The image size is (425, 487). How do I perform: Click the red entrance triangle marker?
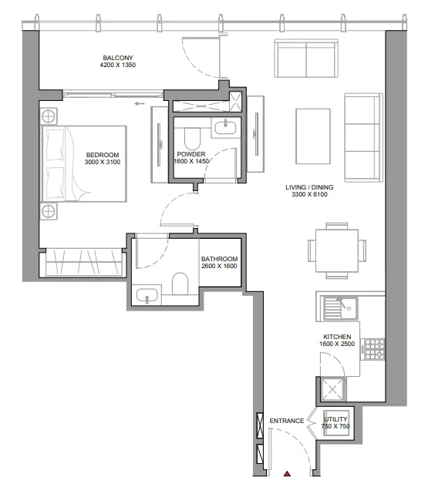[287, 474]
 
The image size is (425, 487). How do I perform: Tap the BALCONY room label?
[118, 58]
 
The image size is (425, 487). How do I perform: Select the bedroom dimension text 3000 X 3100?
[103, 162]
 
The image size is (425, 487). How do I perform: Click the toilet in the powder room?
[193, 139]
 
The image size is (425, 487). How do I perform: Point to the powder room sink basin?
[226, 128]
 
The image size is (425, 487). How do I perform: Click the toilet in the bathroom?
[180, 284]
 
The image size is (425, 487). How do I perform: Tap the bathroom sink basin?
[147, 295]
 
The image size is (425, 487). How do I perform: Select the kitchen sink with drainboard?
[340, 308]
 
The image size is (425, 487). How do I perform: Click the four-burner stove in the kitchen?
[374, 349]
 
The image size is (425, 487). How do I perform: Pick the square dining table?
[337, 250]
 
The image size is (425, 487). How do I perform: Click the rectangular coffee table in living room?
[312, 136]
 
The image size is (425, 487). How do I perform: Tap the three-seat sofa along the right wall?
[363, 137]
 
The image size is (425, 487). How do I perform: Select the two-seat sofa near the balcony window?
[306, 59]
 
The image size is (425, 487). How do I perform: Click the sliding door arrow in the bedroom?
[140, 104]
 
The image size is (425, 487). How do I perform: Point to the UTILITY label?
[336, 419]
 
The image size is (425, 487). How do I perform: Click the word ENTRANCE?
[287, 421]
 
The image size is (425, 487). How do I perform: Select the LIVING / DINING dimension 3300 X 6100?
[309, 194]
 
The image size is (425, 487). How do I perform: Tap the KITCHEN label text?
[337, 337]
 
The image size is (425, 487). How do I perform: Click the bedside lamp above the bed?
[49, 117]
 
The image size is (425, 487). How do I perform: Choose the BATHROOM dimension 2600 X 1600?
[219, 266]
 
